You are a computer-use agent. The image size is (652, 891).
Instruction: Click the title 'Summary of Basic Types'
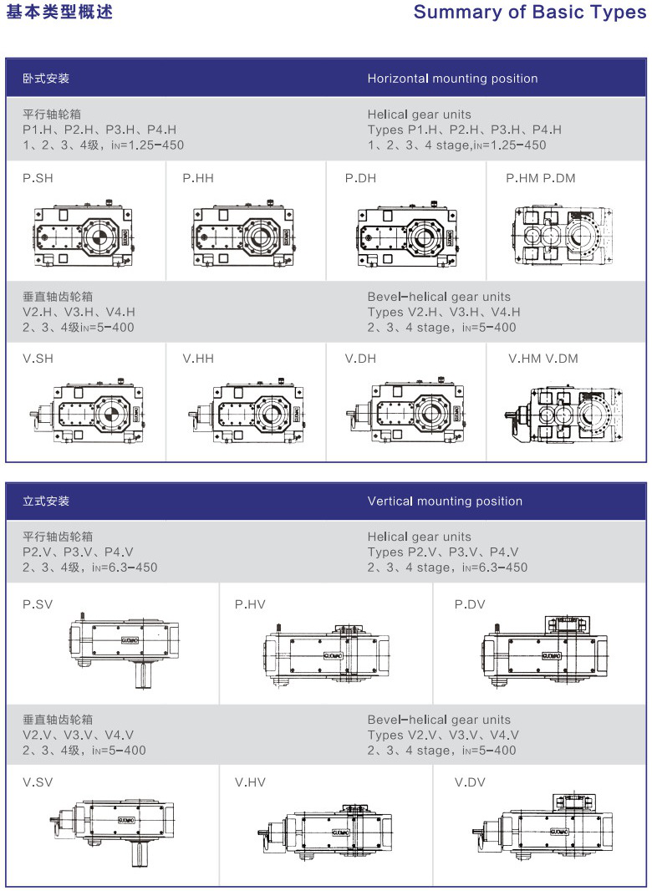(529, 13)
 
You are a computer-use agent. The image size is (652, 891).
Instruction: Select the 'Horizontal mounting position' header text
(452, 79)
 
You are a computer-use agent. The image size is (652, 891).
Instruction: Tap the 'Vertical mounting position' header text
(445, 502)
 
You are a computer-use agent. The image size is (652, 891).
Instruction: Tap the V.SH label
(38, 359)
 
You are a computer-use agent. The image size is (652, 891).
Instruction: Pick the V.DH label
(360, 359)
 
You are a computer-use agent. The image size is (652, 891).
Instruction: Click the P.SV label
(38, 604)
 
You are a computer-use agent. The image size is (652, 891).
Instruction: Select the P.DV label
(470, 604)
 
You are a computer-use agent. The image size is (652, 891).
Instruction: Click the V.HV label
(250, 782)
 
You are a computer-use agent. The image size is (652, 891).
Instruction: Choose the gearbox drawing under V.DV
(541, 827)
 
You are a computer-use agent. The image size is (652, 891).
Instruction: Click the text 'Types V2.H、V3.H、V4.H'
(443, 312)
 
